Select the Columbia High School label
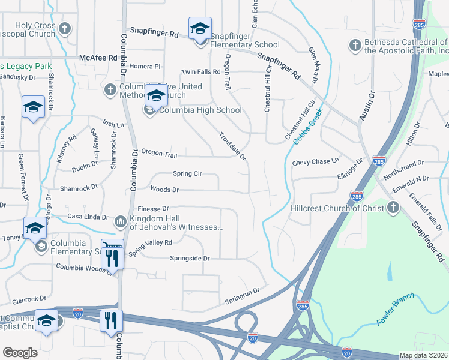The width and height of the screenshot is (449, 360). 200,110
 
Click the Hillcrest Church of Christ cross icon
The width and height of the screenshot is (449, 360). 393,208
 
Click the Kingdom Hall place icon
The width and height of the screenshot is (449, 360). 120,223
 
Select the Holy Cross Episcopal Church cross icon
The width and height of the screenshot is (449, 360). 65,28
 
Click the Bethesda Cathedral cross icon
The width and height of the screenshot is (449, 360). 355,46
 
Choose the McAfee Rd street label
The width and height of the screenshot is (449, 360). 98,58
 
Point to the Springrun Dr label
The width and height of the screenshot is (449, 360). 241,295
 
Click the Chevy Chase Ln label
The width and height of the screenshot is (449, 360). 316,162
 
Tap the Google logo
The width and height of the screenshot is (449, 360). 20,353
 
